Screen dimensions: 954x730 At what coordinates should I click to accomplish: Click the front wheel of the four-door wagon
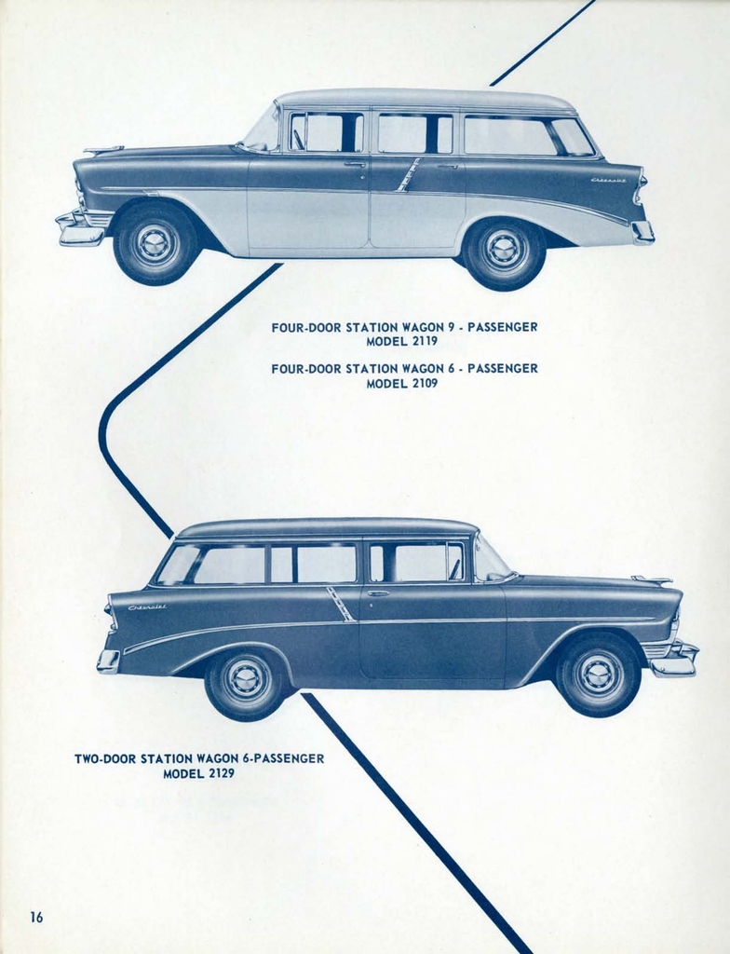155,243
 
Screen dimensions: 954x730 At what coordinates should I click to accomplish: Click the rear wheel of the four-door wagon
505,252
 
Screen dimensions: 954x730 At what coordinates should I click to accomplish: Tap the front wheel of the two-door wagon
599,675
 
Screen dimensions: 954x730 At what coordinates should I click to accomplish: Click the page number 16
36,917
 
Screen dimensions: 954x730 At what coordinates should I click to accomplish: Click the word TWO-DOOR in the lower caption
106,759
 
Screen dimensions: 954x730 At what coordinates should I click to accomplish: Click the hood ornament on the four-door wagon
103,149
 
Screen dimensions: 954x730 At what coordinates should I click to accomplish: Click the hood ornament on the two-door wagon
652,580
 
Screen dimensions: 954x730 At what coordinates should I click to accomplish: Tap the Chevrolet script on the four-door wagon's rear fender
608,179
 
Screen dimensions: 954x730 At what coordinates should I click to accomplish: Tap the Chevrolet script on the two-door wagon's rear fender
147,607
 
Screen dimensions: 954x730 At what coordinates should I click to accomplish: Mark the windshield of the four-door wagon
264,131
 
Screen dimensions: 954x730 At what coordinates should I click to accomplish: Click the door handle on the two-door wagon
378,593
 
